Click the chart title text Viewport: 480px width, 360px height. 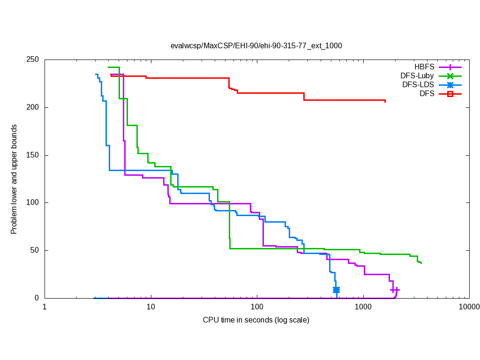pos(256,45)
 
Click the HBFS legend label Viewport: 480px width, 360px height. pos(424,67)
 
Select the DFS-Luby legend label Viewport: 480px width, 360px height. pos(417,76)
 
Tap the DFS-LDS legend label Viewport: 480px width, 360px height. pos(418,85)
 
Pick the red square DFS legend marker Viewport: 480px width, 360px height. pos(450,94)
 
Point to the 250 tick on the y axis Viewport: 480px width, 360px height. pos(33,60)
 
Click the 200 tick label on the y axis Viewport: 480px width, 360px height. pos(33,107)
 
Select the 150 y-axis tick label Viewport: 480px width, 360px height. pos(33,155)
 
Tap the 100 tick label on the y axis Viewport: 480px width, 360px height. pos(33,202)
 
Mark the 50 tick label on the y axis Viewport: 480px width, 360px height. pos(35,250)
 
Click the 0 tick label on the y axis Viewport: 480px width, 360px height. pos(37,298)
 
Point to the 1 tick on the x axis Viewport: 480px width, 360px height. pos(45,307)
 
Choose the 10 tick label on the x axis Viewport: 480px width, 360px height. pos(150,307)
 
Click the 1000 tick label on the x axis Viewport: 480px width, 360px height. pos(363,307)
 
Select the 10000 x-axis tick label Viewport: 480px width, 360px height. pos(469,307)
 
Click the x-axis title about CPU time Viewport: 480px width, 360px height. pos(256,320)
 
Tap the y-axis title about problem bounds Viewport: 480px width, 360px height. pos(14,180)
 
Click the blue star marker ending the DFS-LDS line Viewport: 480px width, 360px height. pos(336,290)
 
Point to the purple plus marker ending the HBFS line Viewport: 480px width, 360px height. pos(395,290)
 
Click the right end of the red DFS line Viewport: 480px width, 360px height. pos(385,101)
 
